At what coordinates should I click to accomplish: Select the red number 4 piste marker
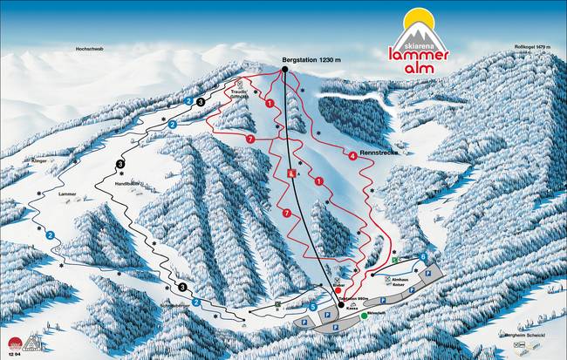pos(352,156)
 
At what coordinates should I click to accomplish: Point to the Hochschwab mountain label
pos(89,50)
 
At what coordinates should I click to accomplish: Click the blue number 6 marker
pos(423,256)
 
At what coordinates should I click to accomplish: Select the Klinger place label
pos(64,161)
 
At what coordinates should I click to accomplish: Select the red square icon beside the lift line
pos(291,174)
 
